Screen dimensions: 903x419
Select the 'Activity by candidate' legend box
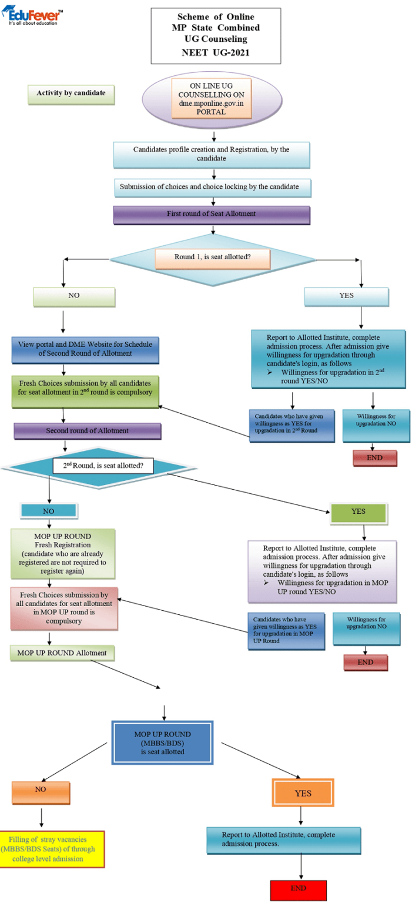click(x=71, y=94)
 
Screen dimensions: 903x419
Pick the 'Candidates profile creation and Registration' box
click(x=211, y=154)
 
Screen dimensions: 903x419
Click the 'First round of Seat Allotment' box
click(x=211, y=214)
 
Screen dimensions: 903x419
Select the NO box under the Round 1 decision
click(x=74, y=296)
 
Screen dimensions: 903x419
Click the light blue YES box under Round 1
click(x=346, y=296)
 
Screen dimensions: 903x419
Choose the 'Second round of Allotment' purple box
click(x=88, y=432)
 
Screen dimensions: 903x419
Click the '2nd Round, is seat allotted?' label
click(x=103, y=467)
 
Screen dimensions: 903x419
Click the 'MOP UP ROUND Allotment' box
click(x=62, y=653)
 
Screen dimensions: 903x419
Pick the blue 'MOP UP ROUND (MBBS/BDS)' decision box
click(x=163, y=743)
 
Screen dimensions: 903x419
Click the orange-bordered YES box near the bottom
click(x=303, y=793)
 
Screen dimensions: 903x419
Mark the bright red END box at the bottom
click(x=299, y=889)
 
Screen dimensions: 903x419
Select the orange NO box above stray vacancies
click(x=41, y=791)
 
